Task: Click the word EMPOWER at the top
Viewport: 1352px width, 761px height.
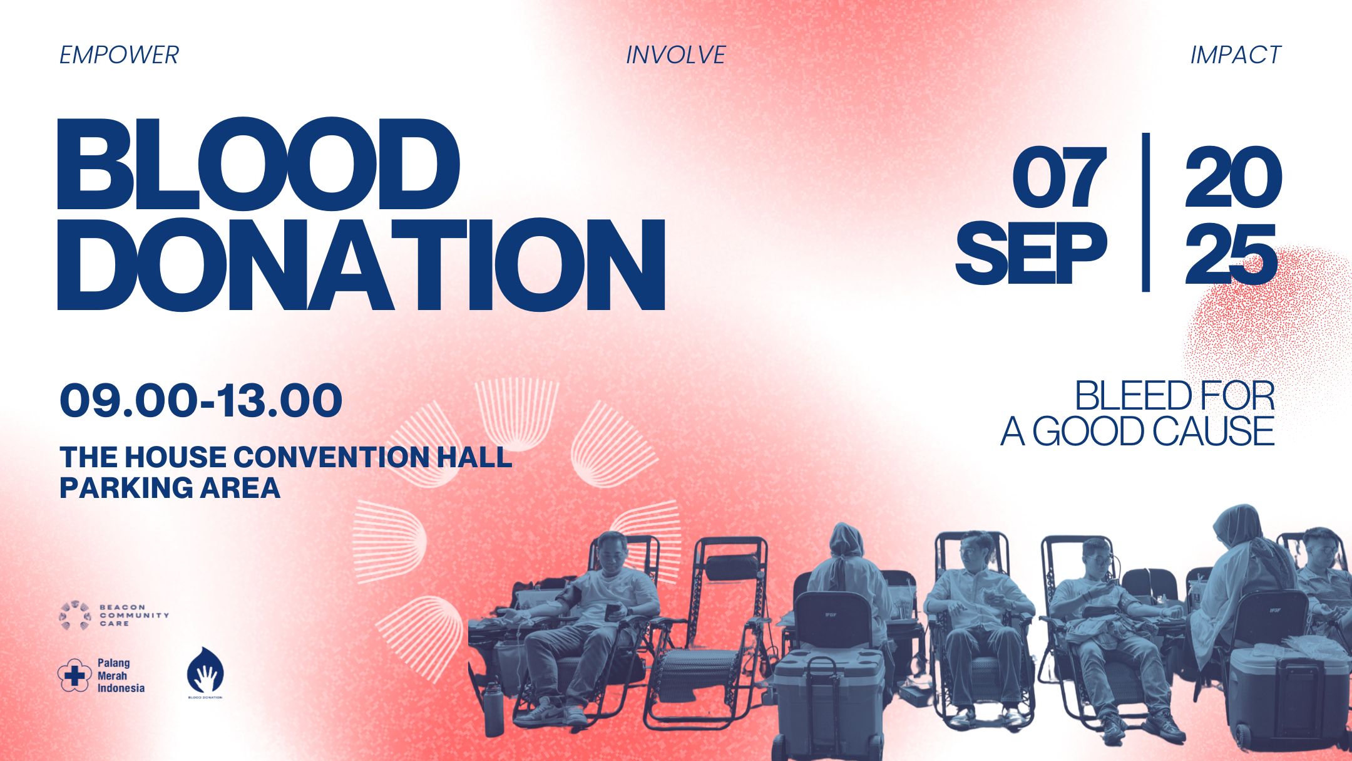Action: pyautogui.click(x=119, y=55)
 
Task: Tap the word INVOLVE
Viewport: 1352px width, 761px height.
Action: pyautogui.click(x=675, y=55)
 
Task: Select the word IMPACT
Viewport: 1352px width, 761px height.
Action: pyautogui.click(x=1235, y=55)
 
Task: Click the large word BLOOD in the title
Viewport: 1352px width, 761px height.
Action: pyautogui.click(x=259, y=164)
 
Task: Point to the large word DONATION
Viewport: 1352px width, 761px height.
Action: pyautogui.click(x=361, y=264)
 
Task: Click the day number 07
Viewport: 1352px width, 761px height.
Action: pyautogui.click(x=1059, y=178)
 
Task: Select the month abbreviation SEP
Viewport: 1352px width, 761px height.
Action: pyautogui.click(x=1031, y=253)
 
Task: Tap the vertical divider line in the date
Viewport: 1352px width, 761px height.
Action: pyautogui.click(x=1145, y=212)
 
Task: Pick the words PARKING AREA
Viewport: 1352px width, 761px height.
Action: pyautogui.click(x=170, y=488)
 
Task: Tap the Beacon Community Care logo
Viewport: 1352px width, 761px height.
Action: pyautogui.click(x=114, y=616)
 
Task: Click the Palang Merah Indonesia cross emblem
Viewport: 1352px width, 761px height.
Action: pyautogui.click(x=74, y=675)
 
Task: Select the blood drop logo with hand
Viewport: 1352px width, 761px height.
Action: pyautogui.click(x=205, y=671)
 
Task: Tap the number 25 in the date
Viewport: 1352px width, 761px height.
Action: pyautogui.click(x=1231, y=254)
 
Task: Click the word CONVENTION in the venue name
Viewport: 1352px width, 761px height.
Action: pyautogui.click(x=332, y=457)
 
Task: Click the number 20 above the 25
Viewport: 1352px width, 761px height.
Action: pyautogui.click(x=1232, y=178)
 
